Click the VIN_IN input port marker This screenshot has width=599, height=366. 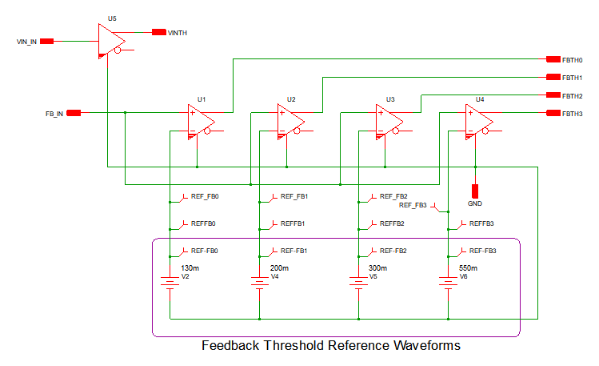click(x=47, y=41)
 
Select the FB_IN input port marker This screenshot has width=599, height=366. click(x=74, y=113)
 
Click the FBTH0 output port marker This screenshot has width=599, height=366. click(x=553, y=59)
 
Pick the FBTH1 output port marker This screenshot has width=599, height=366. click(x=553, y=78)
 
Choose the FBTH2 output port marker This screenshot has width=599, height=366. click(x=553, y=95)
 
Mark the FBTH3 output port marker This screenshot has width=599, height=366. click(x=553, y=113)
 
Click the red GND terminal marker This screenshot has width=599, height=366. click(x=475, y=191)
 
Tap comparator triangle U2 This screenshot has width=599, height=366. click(x=290, y=121)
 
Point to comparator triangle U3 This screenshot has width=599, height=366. click(x=389, y=121)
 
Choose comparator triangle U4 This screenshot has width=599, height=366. click(x=478, y=121)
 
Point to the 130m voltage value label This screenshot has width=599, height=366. click(x=190, y=268)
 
